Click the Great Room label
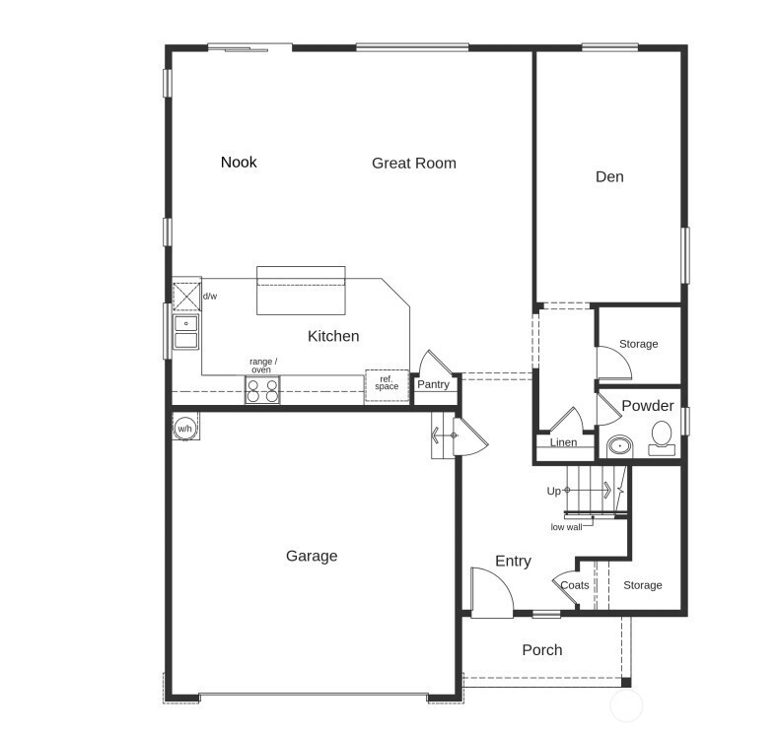tap(414, 163)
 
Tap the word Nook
tap(239, 162)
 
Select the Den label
tap(609, 176)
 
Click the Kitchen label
tap(333, 336)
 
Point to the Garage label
tap(312, 556)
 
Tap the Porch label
tap(542, 650)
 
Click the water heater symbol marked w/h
tap(184, 428)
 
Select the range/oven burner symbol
tap(262, 390)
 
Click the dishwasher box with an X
tap(186, 297)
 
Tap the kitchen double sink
tap(185, 332)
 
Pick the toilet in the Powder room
tap(662, 438)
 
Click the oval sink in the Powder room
tap(619, 446)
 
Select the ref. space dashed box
tap(387, 385)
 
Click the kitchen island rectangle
tap(301, 291)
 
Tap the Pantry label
tap(433, 384)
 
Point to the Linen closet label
tap(563, 442)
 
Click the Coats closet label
tap(574, 585)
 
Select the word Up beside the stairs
tap(553, 491)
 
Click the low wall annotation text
tap(566, 527)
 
